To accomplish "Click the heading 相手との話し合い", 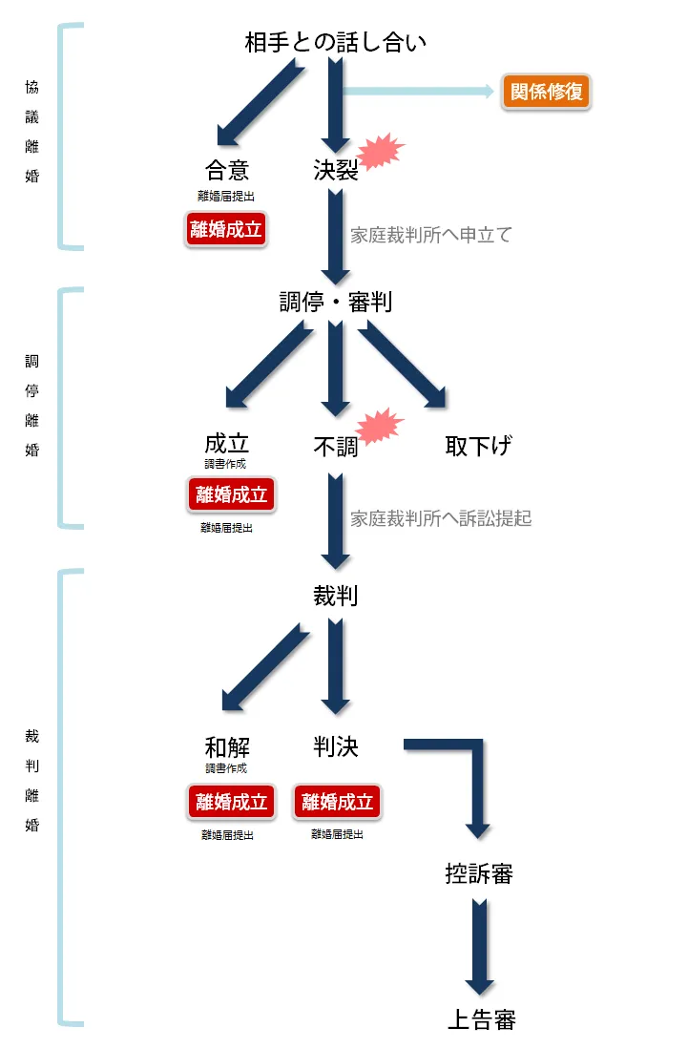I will click(335, 43).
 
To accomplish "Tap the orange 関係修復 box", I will click(547, 93).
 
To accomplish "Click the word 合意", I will click(227, 170).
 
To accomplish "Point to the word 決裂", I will click(335, 170).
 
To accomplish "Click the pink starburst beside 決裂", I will click(381, 152).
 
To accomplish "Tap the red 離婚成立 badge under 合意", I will click(225, 229).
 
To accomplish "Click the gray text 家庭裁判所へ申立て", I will click(430, 235).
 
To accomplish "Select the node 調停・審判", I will click(335, 302).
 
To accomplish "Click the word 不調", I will click(335, 446).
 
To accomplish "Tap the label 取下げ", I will click(478, 446).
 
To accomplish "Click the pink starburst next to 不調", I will click(381, 427).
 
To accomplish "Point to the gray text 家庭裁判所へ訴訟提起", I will click(440, 518).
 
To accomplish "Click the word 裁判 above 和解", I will click(335, 596).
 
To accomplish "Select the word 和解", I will click(227, 746).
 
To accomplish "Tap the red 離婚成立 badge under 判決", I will click(337, 802).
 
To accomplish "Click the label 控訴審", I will click(479, 873).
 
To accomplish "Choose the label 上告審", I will click(481, 1018).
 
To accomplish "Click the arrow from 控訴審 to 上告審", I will click(480, 945).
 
